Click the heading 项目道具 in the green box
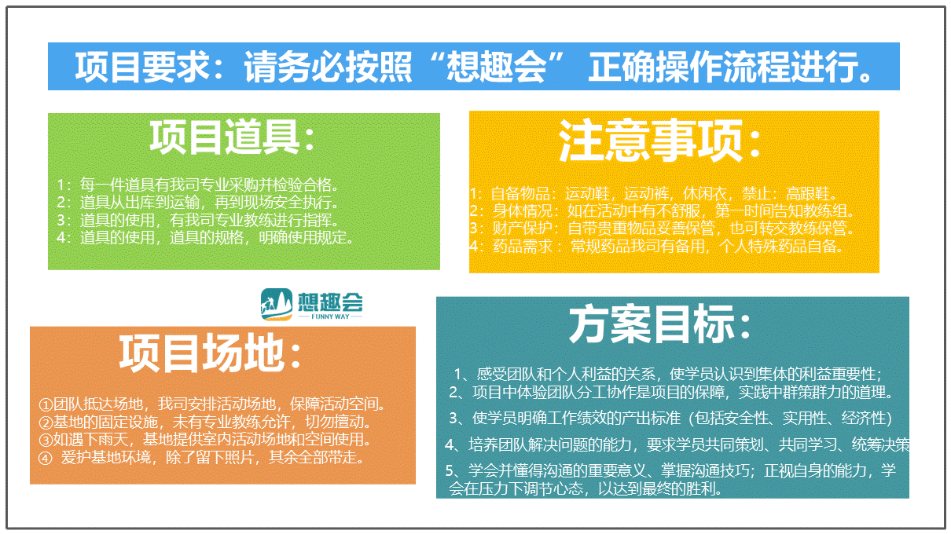(226, 137)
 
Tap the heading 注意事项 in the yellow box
(650, 140)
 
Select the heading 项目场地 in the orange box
(201, 353)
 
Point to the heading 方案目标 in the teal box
(652, 324)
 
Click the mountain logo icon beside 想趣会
(277, 304)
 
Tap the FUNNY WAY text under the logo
(330, 316)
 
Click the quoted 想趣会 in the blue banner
(496, 67)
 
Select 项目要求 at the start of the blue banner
(142, 67)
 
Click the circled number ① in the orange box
(46, 404)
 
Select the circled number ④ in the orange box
(45, 458)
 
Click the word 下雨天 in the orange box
(106, 440)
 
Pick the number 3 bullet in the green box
(61, 220)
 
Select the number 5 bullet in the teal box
(450, 470)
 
